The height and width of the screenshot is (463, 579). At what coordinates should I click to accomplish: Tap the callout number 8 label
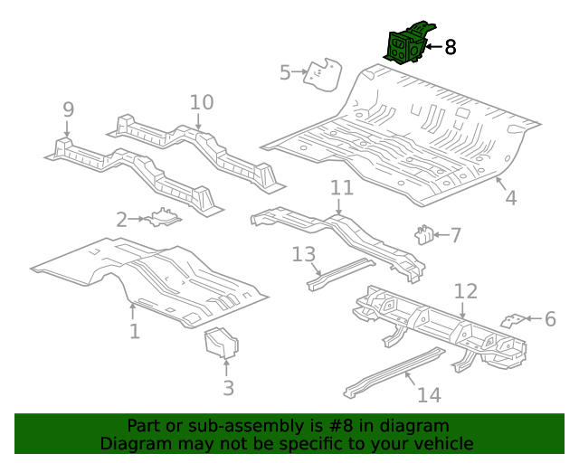tap(450, 47)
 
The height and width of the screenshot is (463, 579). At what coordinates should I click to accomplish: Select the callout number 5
tap(285, 72)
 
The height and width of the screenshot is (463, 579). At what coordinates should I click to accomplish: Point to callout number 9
tap(68, 109)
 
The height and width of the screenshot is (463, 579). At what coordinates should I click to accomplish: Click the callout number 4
tap(510, 197)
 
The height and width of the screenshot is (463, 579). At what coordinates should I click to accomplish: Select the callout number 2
tap(121, 219)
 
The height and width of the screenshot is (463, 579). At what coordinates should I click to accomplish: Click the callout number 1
tap(134, 331)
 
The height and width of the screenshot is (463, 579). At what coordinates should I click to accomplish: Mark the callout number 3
tap(228, 388)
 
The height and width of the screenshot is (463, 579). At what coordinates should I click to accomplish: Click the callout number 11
tap(341, 188)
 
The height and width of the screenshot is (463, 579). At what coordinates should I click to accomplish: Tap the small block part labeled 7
tap(422, 235)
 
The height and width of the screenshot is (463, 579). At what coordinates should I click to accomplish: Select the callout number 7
tap(455, 236)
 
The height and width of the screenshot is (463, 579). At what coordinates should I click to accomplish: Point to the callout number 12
tap(465, 291)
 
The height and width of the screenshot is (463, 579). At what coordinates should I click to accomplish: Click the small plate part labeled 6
tap(514, 319)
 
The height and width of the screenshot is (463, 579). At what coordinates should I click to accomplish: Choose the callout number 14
tap(428, 394)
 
